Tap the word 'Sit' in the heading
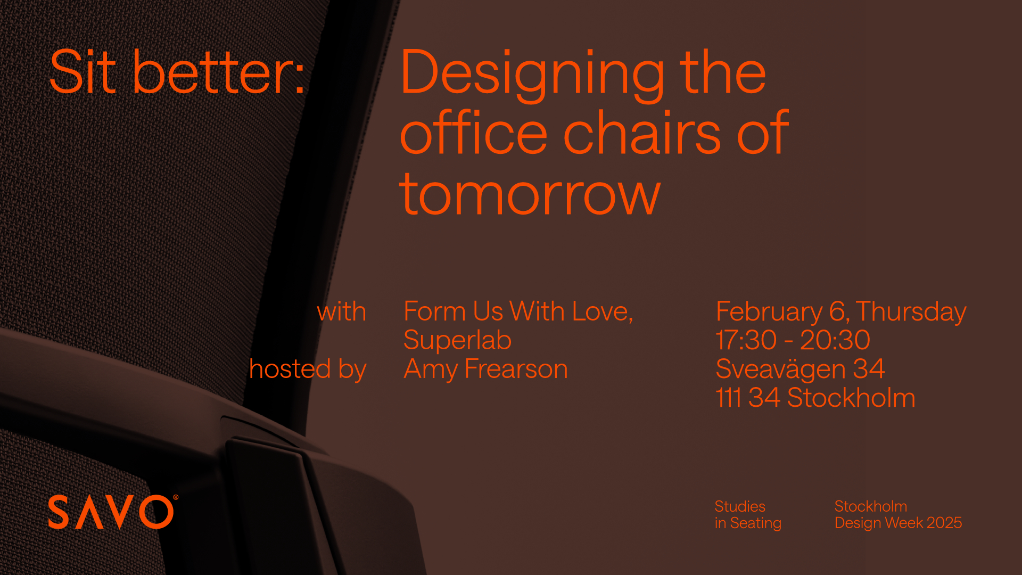click(83, 72)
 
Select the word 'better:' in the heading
click(219, 72)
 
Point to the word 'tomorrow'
click(530, 194)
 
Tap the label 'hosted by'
click(308, 369)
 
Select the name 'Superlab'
click(458, 341)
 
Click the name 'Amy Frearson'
click(486, 369)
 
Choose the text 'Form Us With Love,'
click(518, 312)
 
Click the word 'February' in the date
click(769, 313)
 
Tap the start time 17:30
click(746, 340)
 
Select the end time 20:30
click(835, 340)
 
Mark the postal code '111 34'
click(748, 398)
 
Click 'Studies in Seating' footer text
click(748, 515)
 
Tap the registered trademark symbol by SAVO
click(176, 498)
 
